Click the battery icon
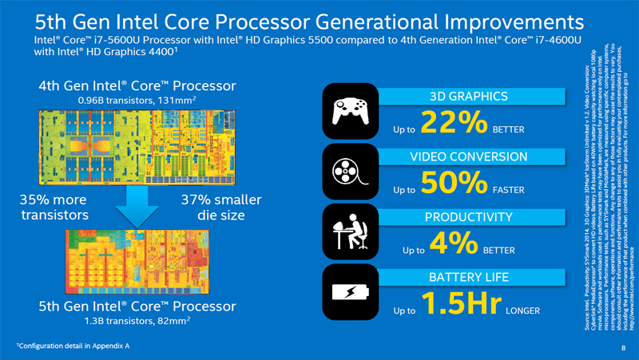(349, 292)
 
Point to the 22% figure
(454, 124)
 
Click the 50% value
(453, 184)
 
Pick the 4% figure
(453, 244)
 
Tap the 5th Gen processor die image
(137, 263)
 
